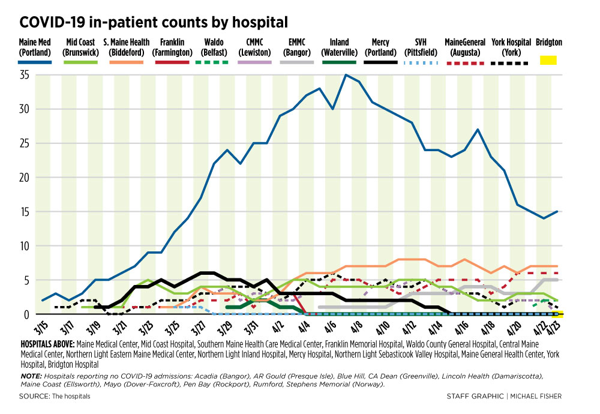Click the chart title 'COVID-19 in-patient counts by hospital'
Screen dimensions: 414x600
tap(154, 23)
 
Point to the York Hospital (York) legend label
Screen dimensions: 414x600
tap(511, 47)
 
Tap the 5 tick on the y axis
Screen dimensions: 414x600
tap(28, 280)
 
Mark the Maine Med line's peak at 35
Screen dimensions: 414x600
tap(346, 75)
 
